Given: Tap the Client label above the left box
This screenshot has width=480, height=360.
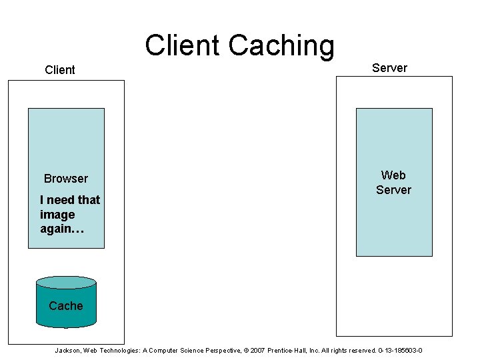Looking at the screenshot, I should (60, 70).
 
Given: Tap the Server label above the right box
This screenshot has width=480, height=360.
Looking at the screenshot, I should (389, 68).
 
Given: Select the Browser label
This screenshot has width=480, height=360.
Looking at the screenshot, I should (66, 179).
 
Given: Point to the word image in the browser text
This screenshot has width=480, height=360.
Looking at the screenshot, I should (57, 215).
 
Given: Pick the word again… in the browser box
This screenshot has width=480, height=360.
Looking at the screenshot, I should (62, 229).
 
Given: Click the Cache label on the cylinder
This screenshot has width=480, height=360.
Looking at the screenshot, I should (66, 306).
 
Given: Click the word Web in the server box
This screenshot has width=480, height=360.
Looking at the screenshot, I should (393, 175).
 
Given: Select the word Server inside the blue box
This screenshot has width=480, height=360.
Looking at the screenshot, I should (393, 190).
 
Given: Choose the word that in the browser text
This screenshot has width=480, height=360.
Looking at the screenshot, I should (89, 200).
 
